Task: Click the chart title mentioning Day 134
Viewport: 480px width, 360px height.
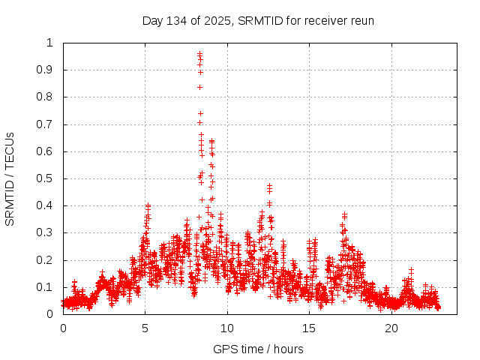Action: [258, 20]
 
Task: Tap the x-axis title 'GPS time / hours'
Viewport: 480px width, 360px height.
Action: [258, 349]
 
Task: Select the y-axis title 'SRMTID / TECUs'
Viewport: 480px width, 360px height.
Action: [10, 178]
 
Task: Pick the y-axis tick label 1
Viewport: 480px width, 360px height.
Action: [50, 43]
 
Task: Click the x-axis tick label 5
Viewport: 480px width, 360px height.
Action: [145, 328]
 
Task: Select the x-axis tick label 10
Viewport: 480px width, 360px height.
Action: [227, 328]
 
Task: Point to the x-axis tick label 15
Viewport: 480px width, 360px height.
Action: [310, 328]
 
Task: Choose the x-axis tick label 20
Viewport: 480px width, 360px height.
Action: [391, 328]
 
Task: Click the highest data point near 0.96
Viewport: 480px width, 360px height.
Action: [199, 53]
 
